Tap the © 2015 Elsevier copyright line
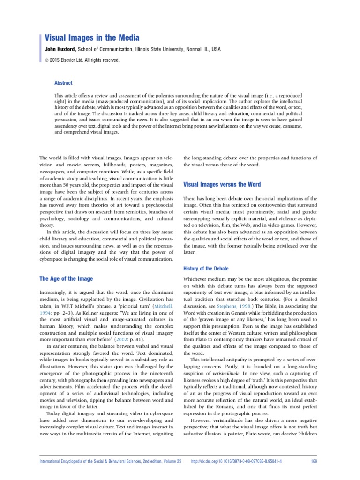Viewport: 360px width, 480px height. (82, 60)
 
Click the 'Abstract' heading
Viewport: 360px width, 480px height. (63, 83)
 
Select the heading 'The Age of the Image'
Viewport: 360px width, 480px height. (67, 278)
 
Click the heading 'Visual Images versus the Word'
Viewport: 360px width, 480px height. (222, 185)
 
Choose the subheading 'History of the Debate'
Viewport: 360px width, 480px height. (206, 268)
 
